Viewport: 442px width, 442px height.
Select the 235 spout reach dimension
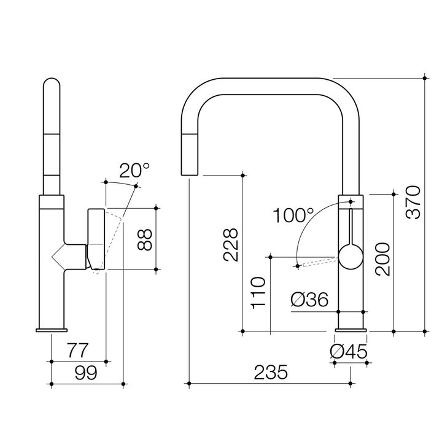[x=270, y=372]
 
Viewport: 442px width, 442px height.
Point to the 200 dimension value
[x=382, y=258]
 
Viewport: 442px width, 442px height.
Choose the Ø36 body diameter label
[x=309, y=300]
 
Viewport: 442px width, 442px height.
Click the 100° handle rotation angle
[x=293, y=215]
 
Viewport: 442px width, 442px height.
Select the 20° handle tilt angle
[x=133, y=170]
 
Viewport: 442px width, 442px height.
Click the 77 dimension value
[x=77, y=351]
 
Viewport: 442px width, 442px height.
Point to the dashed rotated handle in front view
[x=317, y=262]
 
